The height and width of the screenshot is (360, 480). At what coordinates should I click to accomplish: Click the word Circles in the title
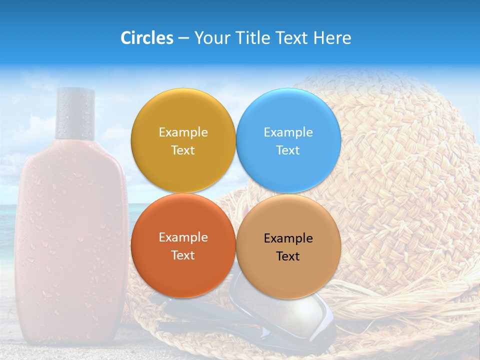click(146, 38)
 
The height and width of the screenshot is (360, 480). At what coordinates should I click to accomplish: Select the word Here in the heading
click(332, 38)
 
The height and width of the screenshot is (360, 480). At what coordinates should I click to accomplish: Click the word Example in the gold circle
click(183, 132)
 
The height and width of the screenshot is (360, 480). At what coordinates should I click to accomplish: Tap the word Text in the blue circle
click(288, 150)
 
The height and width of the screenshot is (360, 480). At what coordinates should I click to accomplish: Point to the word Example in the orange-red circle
click(183, 237)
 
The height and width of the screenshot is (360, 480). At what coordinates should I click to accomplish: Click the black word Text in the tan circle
click(288, 256)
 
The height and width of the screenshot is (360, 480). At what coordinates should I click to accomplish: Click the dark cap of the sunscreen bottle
click(75, 113)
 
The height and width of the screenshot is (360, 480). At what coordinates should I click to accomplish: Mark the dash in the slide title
click(183, 38)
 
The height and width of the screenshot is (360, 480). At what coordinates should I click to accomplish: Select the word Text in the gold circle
click(183, 150)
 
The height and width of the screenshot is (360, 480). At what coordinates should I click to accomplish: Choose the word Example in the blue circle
click(288, 132)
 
